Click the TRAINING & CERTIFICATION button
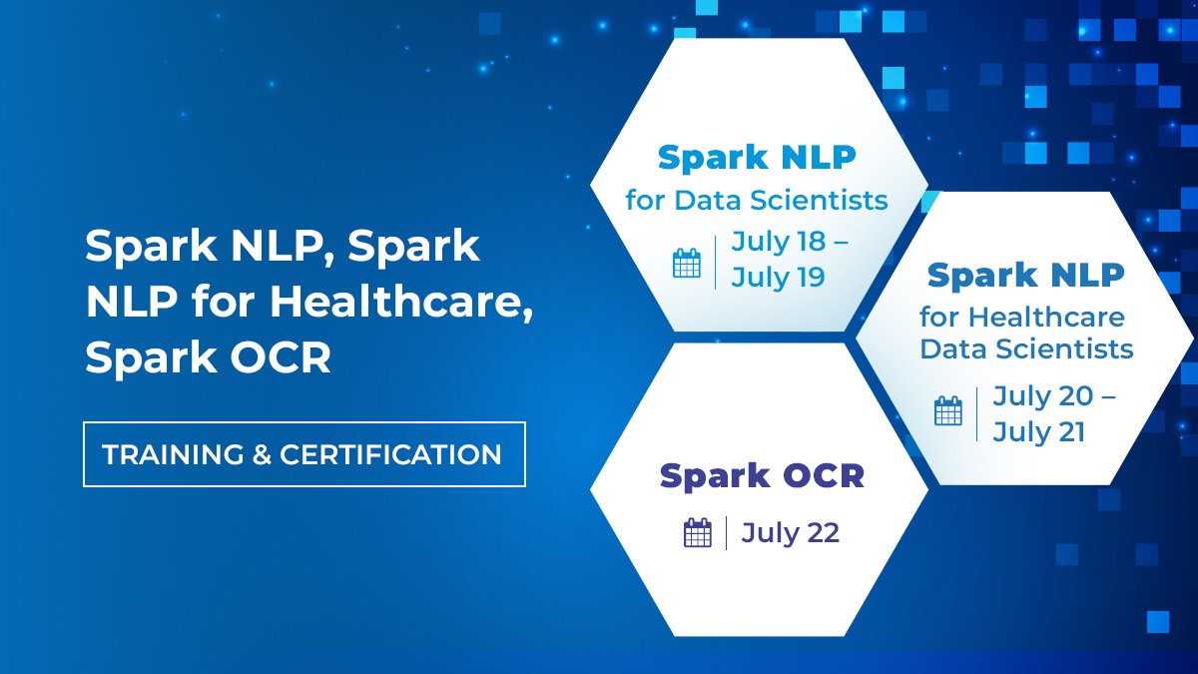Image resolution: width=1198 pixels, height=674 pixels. pos(303,454)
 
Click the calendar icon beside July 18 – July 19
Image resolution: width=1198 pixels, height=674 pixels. pos(687,263)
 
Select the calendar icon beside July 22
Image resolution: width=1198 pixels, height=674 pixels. pos(698,532)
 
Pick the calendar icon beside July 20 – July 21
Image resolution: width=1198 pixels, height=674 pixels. pos(948,410)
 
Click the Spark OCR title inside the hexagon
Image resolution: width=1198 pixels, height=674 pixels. pos(762,476)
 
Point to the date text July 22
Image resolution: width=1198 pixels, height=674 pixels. pos(790,532)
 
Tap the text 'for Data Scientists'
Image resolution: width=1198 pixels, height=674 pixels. pos(757,200)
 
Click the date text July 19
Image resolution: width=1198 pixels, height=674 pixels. pos(779,277)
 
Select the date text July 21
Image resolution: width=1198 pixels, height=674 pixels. pos(1039,432)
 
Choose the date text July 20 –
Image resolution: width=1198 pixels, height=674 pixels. pos(1054,396)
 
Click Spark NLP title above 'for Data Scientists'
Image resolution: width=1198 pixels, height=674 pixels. pos(757,158)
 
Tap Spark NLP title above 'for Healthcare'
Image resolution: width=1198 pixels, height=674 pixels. pos(1026,275)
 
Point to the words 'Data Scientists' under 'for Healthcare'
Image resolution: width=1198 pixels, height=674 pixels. pos(1026,348)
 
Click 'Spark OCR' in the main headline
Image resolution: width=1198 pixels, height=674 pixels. pos(208,357)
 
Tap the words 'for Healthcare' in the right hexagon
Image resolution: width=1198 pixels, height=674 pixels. pos(1021,319)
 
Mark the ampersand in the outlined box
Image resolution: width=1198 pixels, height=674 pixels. pos(262,455)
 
